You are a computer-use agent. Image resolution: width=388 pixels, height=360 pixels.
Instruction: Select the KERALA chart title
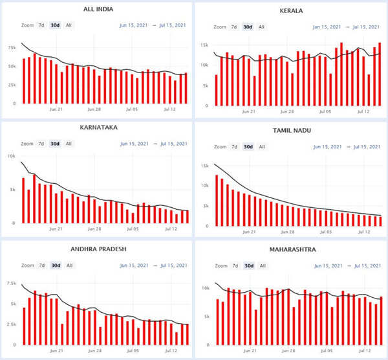click(291, 11)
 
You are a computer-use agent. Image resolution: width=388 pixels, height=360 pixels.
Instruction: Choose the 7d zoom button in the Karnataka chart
click(41, 144)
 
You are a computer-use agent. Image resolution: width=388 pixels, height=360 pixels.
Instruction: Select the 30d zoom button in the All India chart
click(55, 25)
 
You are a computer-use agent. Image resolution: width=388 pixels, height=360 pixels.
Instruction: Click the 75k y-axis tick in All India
click(12, 48)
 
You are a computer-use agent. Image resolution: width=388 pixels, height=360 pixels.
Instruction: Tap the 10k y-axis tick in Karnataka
click(12, 155)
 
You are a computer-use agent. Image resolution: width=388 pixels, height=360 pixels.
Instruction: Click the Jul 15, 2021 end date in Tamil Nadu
click(365, 147)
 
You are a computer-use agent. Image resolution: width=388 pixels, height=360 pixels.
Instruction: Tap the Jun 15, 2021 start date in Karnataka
click(134, 144)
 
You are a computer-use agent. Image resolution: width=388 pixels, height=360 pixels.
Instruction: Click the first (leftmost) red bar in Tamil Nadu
click(217, 201)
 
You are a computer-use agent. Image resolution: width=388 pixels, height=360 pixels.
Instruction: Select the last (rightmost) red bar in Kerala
click(380, 74)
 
